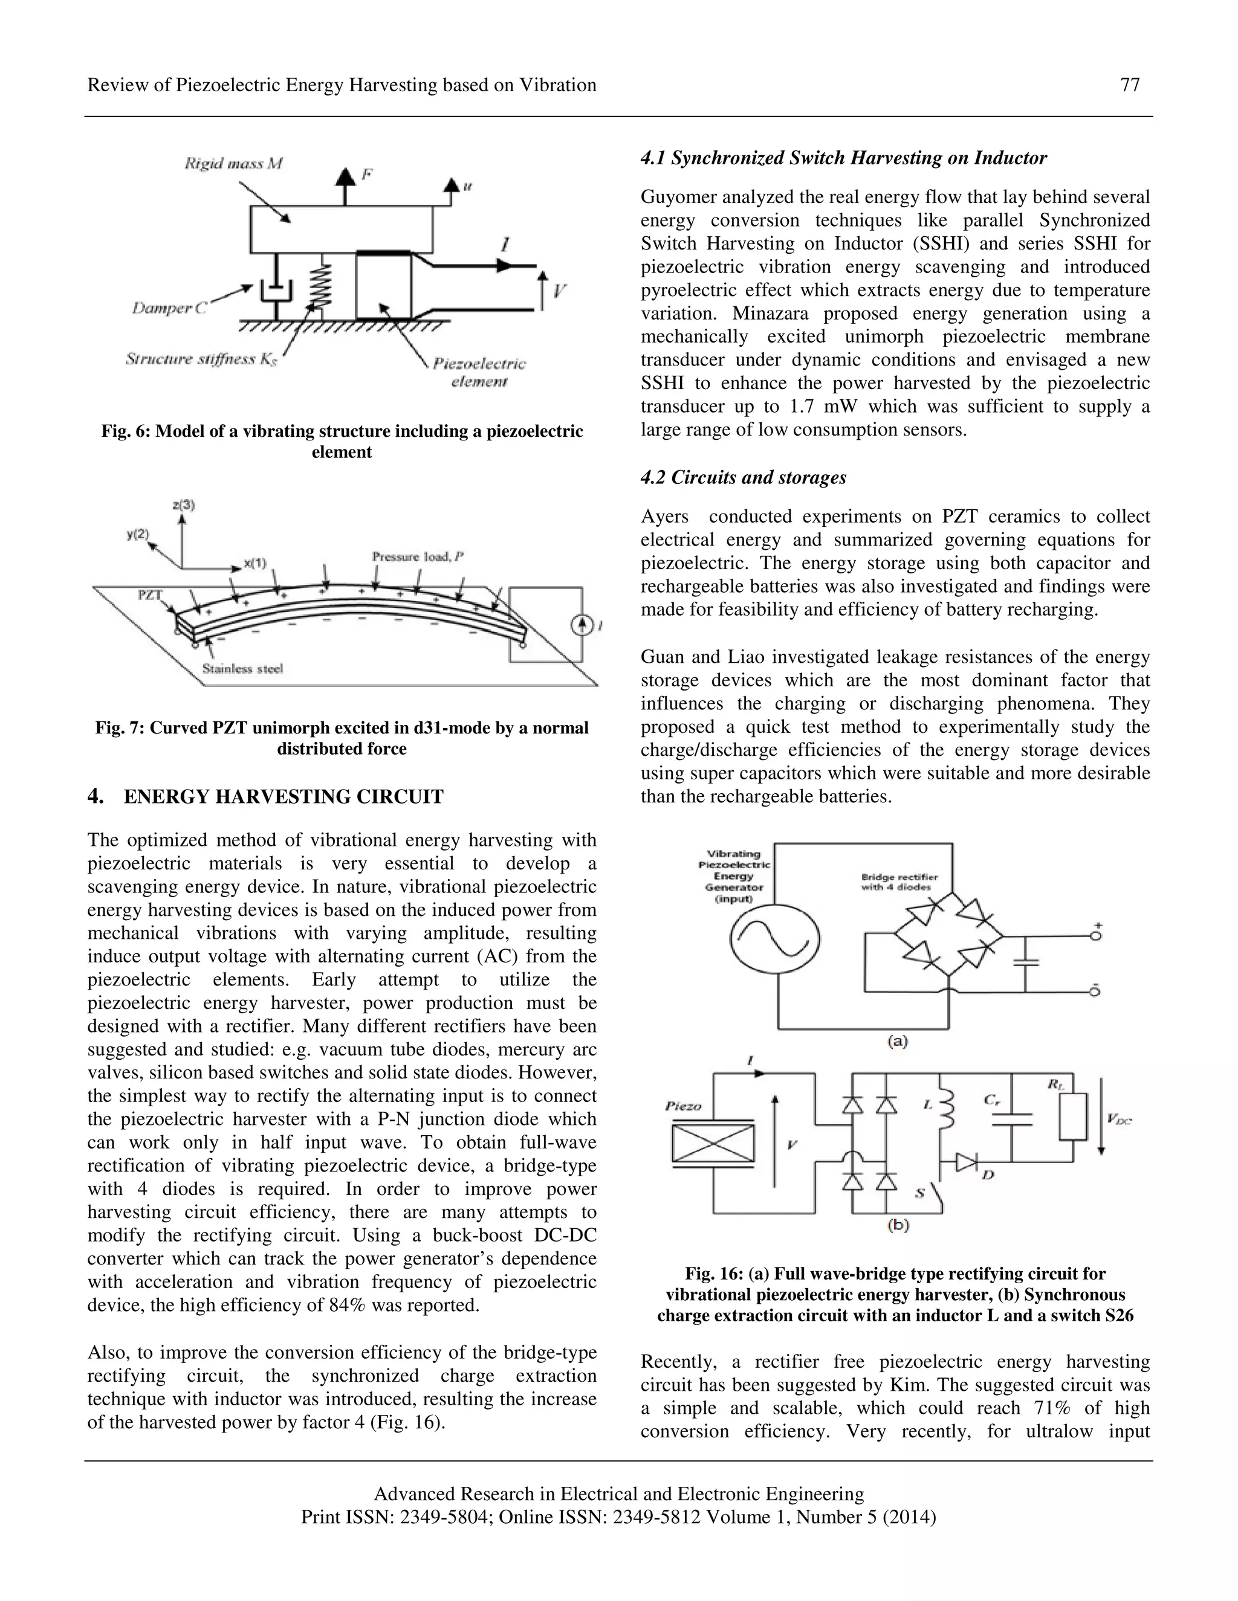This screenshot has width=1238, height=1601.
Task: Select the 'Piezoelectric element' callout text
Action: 478,372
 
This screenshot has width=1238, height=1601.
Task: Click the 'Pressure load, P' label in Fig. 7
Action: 417,556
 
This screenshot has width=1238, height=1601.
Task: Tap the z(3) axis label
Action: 183,504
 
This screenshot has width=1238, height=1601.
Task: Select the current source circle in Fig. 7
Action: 582,625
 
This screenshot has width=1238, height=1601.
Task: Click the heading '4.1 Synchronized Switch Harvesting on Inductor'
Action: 843,158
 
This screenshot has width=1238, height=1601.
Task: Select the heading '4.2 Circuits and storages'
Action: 743,477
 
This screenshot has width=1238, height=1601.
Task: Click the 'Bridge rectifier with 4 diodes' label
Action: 898,882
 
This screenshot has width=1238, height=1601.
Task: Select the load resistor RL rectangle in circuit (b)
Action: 1072,1118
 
